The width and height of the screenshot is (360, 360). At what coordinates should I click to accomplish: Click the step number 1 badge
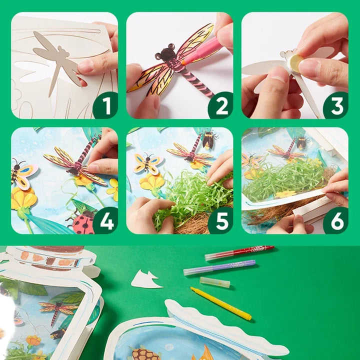pos(105,105)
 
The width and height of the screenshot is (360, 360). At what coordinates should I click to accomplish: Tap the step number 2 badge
pos(220,105)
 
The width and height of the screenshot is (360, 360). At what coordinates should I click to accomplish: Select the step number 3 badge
pos(335,105)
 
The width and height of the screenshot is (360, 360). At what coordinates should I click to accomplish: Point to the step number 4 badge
pos(105,221)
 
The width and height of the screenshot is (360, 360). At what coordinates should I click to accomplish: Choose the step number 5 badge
pos(220,221)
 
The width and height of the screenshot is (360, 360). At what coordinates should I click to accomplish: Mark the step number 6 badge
pos(335,221)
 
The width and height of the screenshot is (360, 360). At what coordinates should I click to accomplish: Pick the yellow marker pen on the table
pos(220,303)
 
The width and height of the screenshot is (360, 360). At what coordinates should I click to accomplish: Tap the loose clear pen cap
pos(214,282)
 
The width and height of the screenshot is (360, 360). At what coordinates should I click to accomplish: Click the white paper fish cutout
pos(146,279)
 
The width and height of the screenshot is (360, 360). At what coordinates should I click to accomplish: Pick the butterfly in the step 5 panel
pos(148,163)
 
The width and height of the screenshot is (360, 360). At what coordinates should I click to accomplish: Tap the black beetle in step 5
pos(208,139)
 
